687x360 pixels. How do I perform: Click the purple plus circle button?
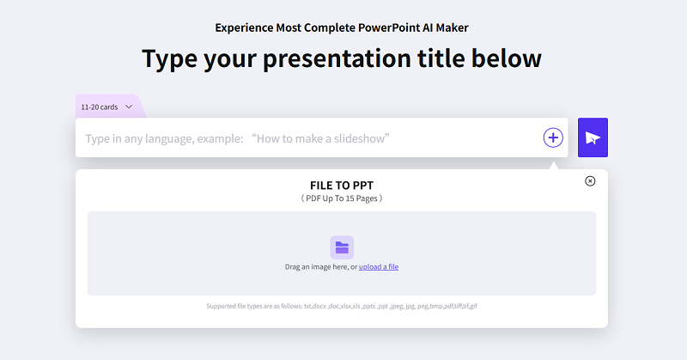coord(553,137)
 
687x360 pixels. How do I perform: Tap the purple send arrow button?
coord(593,137)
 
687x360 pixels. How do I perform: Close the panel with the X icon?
coord(590,180)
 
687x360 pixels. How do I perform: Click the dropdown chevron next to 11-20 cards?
coord(129,107)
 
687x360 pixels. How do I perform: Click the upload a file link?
coord(379,266)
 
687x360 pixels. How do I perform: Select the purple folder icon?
coord(342,247)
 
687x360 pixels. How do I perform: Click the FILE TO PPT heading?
coord(342,186)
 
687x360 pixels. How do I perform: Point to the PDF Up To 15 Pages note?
coord(342,198)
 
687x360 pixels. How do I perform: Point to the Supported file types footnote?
coord(342,306)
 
